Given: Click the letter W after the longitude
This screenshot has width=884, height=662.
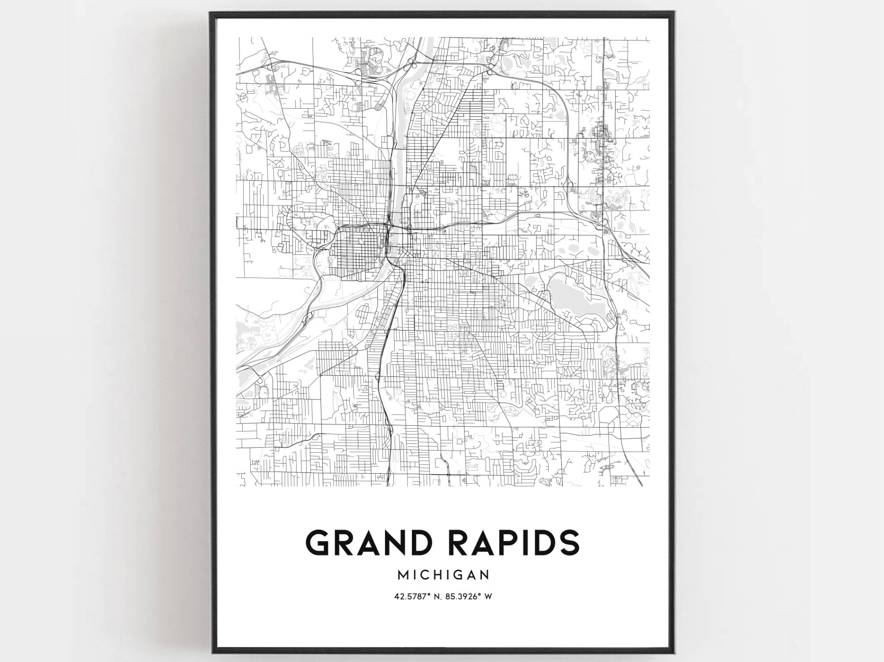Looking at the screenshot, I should tap(488, 597).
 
